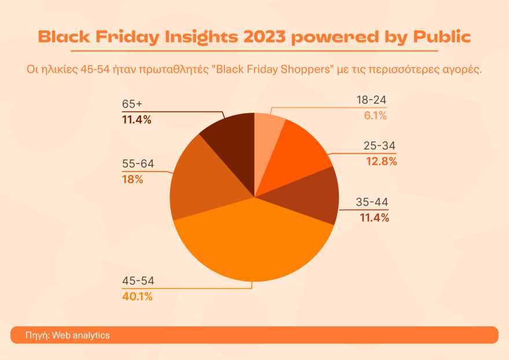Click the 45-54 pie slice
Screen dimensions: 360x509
click(254, 243)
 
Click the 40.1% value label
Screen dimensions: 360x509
click(137, 297)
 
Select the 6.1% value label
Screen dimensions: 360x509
click(375, 116)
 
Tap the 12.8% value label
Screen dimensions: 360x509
click(381, 161)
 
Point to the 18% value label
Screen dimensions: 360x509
click(132, 179)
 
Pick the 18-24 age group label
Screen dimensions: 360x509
click(372, 101)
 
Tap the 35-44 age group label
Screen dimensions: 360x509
click(372, 202)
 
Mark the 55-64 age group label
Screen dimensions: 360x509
click(138, 164)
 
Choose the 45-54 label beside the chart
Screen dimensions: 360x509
click(138, 281)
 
